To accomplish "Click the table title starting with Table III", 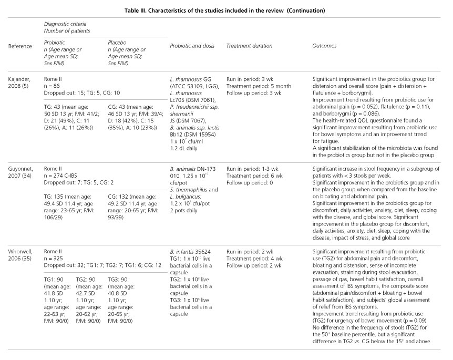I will pyautogui.click(x=226, y=11).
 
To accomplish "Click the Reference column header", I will pyautogui.click(x=20, y=46).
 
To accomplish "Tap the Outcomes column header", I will pyautogui.click(x=324, y=46).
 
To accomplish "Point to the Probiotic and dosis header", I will pyautogui.click(x=191, y=46).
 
